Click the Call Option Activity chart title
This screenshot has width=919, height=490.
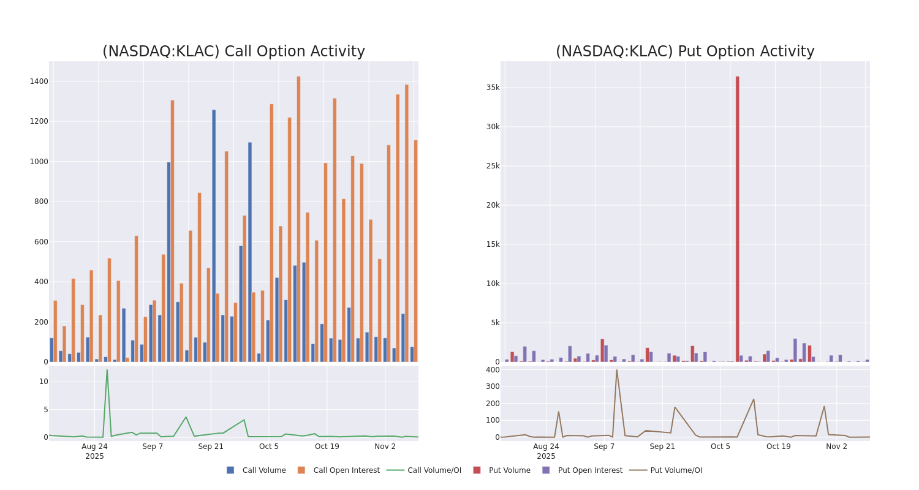[233, 51]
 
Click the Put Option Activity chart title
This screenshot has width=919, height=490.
[685, 51]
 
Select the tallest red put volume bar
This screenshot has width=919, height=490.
[737, 221]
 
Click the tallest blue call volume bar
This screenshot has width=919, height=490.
[214, 236]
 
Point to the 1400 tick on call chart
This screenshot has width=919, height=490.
[39, 81]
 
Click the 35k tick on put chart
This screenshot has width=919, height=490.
[493, 88]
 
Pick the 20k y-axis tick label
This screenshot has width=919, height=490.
[493, 205]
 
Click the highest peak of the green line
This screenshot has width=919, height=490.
[107, 370]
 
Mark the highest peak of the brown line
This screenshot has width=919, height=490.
[616, 370]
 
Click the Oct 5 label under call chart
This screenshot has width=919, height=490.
[269, 447]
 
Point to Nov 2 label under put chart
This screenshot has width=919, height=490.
[836, 447]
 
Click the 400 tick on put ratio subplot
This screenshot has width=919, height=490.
[493, 370]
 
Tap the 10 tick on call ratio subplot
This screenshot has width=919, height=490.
[43, 382]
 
